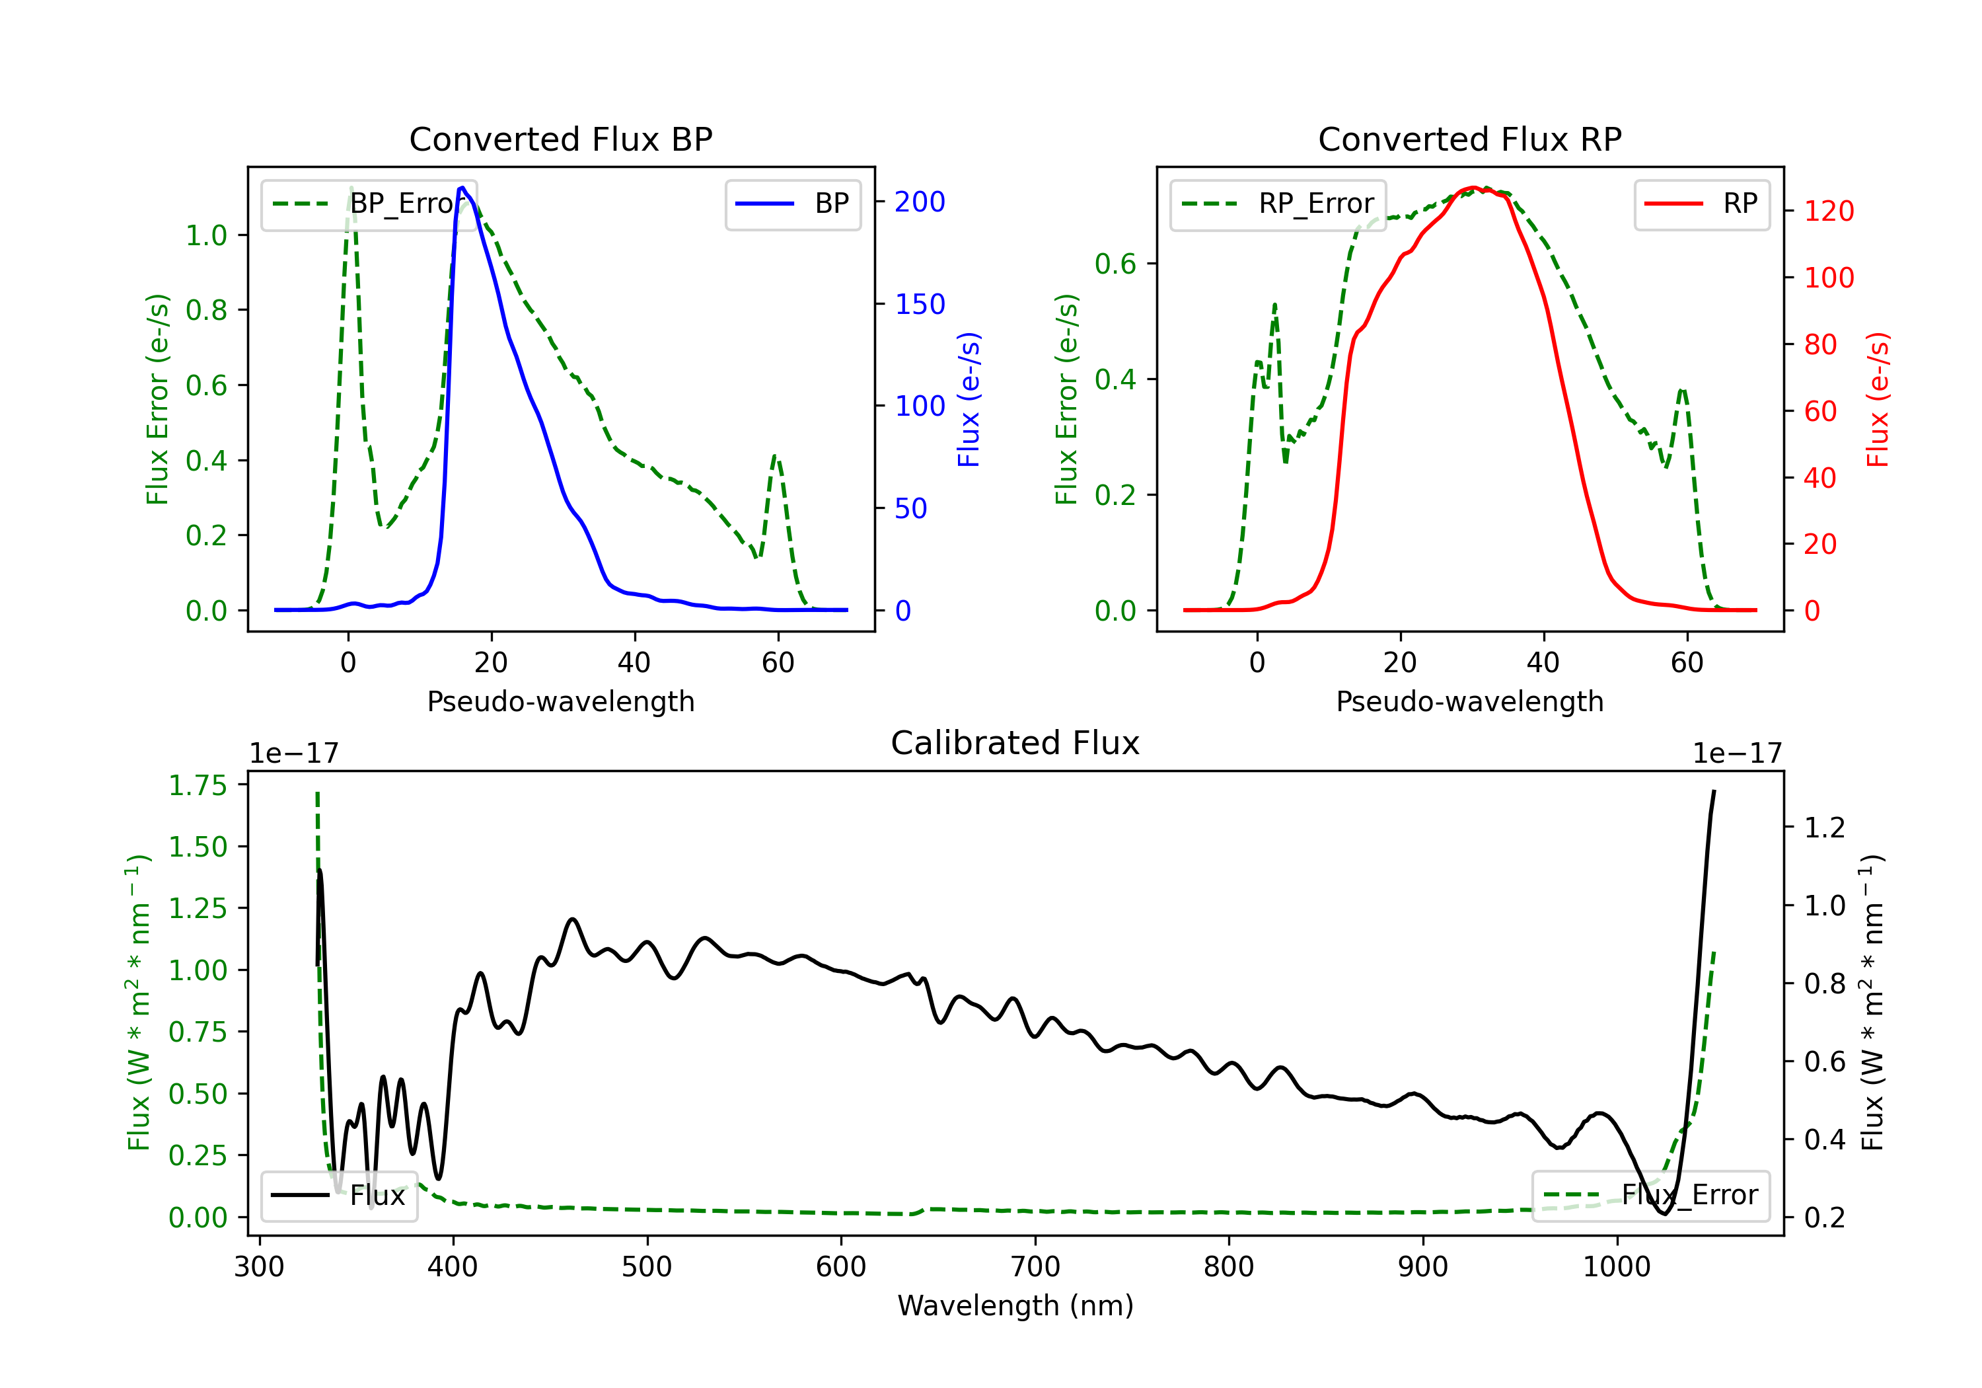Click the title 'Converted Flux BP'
point(560,139)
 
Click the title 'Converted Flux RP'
point(1469,139)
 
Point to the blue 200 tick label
point(920,202)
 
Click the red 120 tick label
point(1828,211)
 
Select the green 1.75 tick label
point(197,785)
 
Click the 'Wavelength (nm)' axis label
point(1015,1305)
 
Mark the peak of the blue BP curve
point(462,188)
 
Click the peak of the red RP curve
point(1473,188)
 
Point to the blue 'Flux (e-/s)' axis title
point(969,399)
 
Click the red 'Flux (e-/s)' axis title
point(1878,399)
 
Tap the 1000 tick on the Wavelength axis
point(1616,1266)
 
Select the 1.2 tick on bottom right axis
point(1824,828)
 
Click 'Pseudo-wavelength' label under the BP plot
point(560,701)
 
